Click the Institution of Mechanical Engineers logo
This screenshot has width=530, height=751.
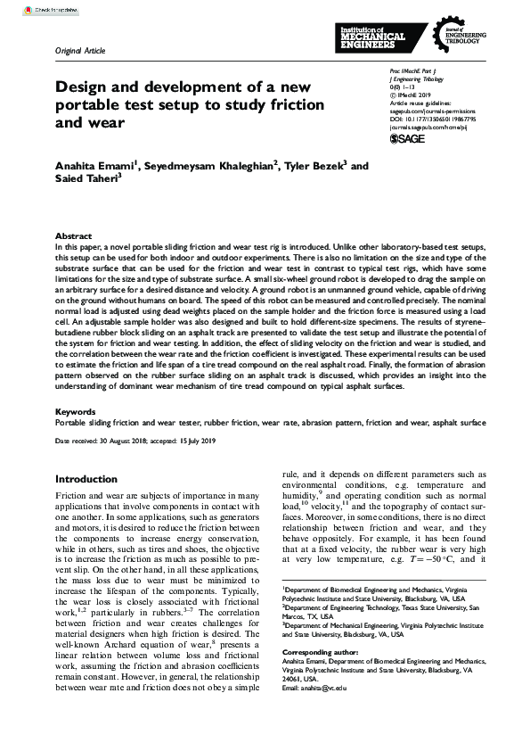click(x=372, y=37)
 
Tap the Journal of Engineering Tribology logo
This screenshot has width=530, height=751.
click(x=454, y=37)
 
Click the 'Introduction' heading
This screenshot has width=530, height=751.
click(x=86, y=479)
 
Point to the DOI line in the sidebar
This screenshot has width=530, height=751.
click(x=426, y=116)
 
